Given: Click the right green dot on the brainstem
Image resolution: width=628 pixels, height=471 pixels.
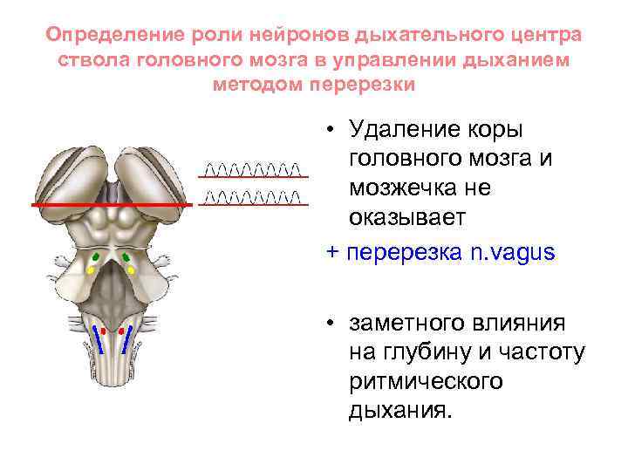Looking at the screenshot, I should [126, 256].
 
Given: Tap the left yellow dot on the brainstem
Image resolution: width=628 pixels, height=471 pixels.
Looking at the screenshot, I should [90, 270].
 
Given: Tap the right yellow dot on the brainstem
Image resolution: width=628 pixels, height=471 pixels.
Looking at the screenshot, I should [132, 270].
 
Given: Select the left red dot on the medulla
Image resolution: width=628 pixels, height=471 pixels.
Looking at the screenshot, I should [104, 332].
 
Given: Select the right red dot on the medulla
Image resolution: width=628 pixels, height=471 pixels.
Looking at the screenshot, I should [119, 332].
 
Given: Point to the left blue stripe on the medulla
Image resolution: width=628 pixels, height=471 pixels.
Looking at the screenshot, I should [98, 338].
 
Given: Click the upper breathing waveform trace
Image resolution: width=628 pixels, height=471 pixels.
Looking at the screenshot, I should [253, 167].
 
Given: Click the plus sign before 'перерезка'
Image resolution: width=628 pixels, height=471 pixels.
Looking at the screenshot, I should [331, 253].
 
